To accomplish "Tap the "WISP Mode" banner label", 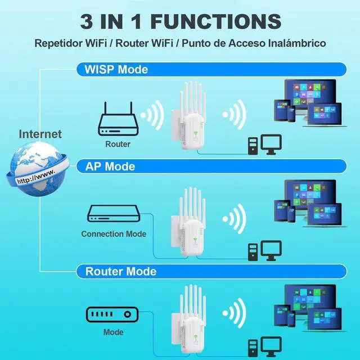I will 116,70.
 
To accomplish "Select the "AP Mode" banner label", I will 110,166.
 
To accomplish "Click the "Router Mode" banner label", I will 121,272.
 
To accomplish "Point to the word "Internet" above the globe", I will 40,134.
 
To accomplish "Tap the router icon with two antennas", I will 118,119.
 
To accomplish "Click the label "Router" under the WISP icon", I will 118,144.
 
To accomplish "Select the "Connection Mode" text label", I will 114,234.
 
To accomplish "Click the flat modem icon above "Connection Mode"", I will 113,213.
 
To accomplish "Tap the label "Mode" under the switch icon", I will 113,332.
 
